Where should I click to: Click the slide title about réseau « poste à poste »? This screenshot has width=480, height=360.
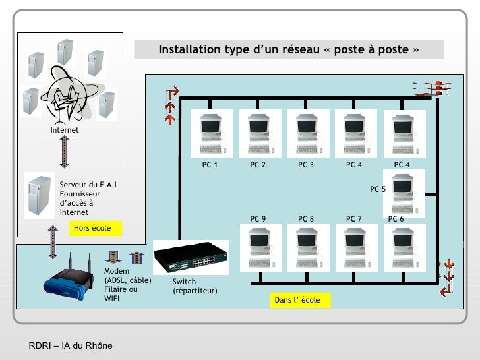tap(288, 50)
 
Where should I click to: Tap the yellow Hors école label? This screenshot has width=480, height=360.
tap(92, 228)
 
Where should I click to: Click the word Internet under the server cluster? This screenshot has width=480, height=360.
tap(65, 130)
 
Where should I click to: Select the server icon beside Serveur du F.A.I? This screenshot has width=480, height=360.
tap(40, 196)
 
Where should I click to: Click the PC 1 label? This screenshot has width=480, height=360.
tap(210, 165)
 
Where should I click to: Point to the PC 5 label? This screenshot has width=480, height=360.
tap(378, 189)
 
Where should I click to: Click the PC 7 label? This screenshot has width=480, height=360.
tap(354, 218)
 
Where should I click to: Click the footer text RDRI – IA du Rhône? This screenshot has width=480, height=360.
tap(71, 346)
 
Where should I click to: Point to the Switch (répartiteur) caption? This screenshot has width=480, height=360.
tap(195, 286)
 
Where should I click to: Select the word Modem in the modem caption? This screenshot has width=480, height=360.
tap(117, 271)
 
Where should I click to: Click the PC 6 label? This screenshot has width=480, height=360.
tap(396, 218)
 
